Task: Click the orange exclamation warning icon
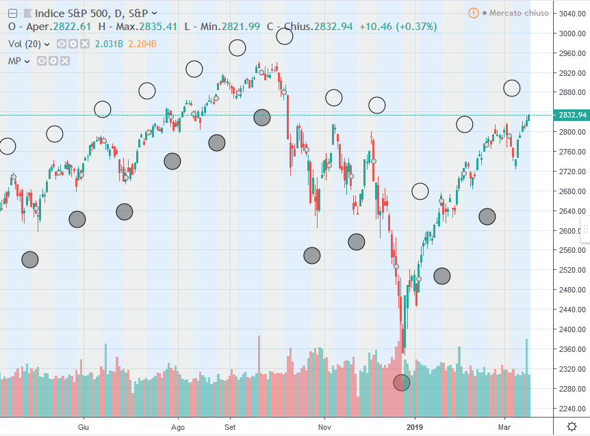pos(474,13)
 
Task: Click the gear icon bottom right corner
pos(572,426)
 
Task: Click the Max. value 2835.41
pos(158,27)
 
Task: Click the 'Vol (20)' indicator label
pos(25,44)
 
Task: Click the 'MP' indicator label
pos(14,61)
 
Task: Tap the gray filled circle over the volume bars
pos(402,383)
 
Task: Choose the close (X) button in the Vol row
pos(85,44)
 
